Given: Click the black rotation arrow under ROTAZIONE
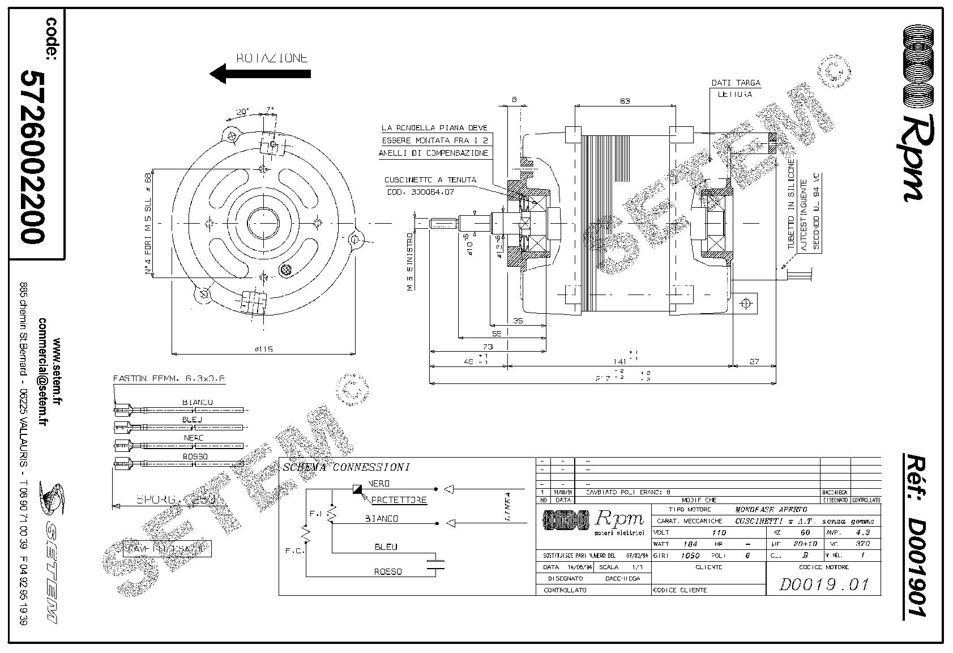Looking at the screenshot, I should point(260,73).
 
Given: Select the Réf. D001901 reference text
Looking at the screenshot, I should point(913,535).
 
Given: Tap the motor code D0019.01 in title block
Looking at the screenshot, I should point(823,584).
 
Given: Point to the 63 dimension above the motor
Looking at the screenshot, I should point(624,101).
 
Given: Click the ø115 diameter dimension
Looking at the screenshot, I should point(263,349).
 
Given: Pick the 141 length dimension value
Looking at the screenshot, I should point(620,361).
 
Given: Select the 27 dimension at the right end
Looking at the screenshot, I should point(753,361).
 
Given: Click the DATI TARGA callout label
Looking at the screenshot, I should point(736,83).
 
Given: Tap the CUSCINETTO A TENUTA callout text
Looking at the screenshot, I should point(430,180).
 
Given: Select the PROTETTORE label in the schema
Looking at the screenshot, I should point(399,500).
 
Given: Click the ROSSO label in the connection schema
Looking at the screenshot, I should point(387,571).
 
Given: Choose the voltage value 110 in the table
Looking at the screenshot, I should point(717,532).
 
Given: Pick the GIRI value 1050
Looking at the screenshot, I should point(689,556).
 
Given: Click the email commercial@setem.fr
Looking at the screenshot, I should point(42,371).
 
